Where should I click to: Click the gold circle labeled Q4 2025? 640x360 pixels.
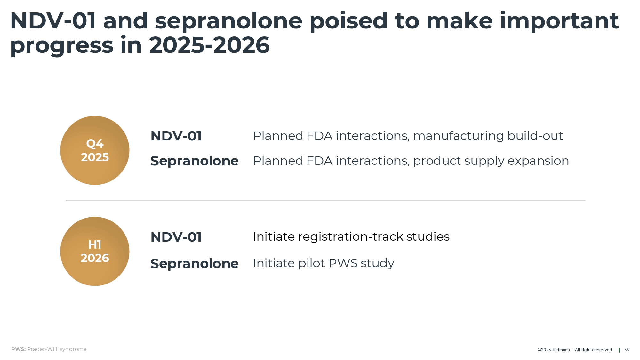click(95, 150)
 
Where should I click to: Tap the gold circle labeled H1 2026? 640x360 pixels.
click(95, 252)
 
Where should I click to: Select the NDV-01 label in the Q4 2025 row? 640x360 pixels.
click(176, 136)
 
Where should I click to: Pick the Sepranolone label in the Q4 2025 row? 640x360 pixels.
click(195, 161)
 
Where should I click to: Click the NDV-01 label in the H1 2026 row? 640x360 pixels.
click(176, 237)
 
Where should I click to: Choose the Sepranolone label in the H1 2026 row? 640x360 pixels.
click(195, 264)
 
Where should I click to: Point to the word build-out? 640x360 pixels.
click(535, 136)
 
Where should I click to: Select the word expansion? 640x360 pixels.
click(538, 161)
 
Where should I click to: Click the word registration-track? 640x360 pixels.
click(351, 237)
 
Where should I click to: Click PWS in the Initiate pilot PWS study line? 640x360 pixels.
click(343, 263)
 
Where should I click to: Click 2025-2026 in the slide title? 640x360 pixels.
click(209, 45)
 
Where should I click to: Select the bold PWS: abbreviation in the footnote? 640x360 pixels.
click(18, 349)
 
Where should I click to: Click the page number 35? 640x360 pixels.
click(627, 350)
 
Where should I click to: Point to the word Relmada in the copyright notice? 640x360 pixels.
click(561, 350)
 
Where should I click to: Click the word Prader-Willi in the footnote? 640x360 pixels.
click(43, 349)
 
